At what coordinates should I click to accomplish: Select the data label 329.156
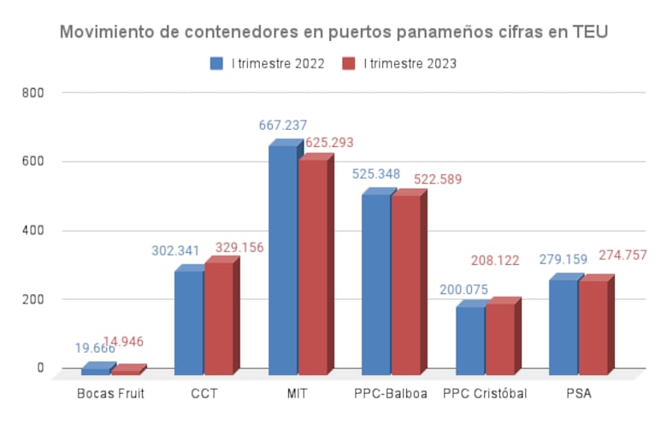coord(239,248)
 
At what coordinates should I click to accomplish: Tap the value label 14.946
coord(124,342)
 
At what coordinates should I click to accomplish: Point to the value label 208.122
coord(495,261)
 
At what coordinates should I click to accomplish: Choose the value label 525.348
coord(376,174)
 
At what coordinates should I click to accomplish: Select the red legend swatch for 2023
coord(348,63)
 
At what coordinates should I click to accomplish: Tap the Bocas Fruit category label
coord(110,394)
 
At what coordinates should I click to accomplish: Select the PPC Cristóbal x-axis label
coord(485,394)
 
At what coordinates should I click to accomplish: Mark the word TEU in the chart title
coord(590,32)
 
